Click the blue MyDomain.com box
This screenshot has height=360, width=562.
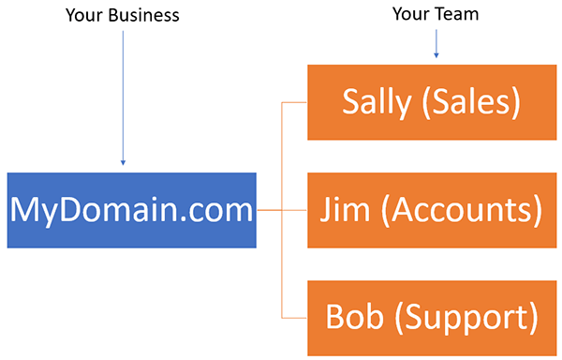point(132,210)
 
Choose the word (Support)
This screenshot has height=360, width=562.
point(465,318)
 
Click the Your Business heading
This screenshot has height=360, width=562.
point(122,15)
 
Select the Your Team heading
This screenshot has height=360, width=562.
point(436,15)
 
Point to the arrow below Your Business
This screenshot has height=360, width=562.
point(123,94)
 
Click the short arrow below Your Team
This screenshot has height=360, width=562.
point(436,45)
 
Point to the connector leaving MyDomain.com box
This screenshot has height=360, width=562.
point(269,210)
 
